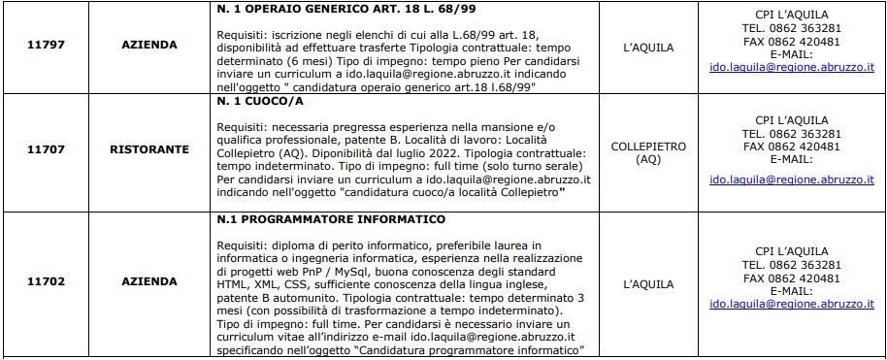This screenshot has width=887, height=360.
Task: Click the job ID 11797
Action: pos(47,46)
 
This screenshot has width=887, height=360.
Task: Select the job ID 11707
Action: pos(47,151)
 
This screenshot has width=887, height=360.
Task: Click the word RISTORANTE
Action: pos(148,151)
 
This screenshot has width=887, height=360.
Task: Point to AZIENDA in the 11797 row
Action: pos(148,46)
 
